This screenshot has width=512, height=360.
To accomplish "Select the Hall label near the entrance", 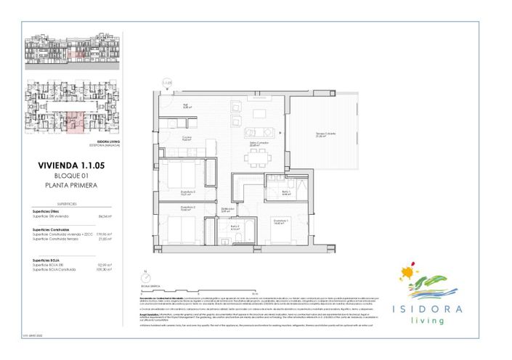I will (x=185, y=106).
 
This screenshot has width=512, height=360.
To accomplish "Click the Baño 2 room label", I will (x=235, y=227).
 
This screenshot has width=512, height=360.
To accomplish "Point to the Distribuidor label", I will (x=227, y=210).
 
